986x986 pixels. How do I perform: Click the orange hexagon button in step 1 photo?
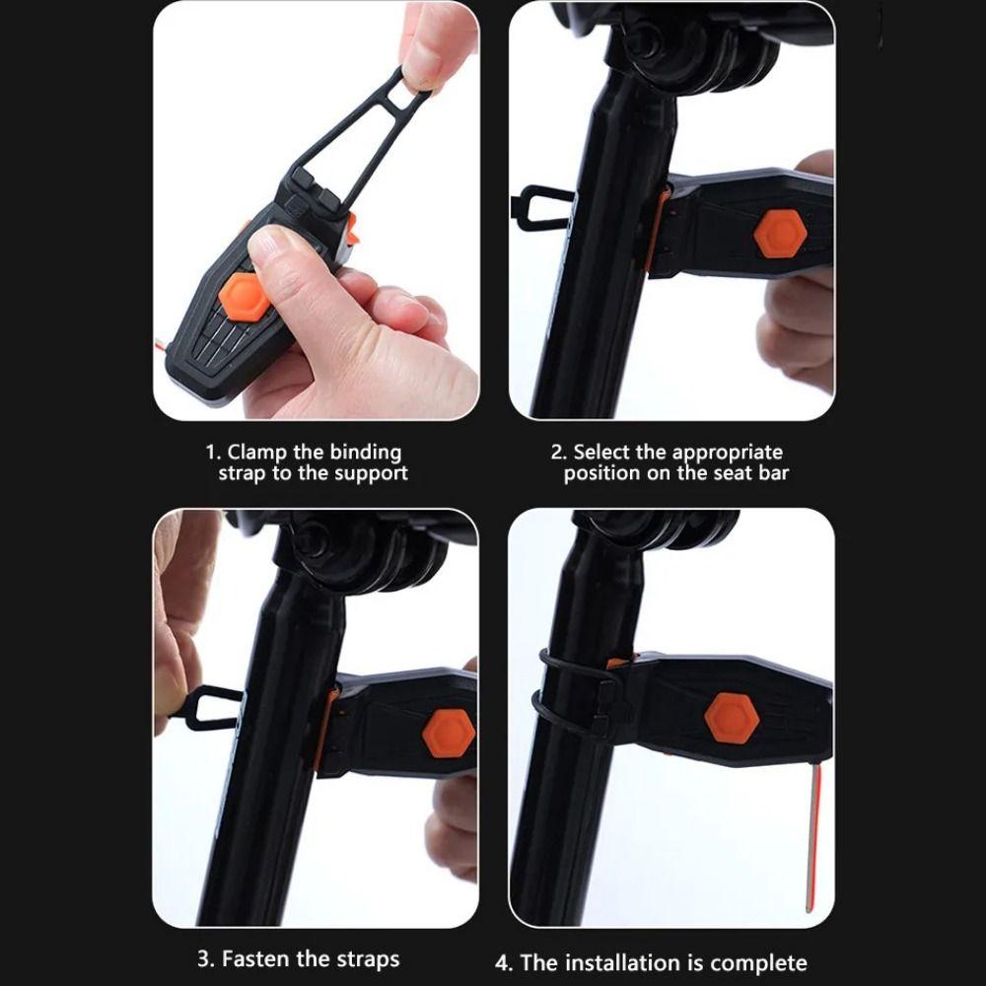click(x=242, y=297)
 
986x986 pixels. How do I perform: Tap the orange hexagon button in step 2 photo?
click(x=780, y=235)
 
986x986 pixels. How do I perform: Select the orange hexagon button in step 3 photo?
click(x=448, y=734)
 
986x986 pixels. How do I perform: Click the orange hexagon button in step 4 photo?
click(x=733, y=718)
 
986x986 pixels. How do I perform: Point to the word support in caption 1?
click(x=374, y=473)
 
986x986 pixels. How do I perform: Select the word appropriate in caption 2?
click(x=727, y=453)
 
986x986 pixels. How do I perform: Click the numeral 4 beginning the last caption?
click(x=502, y=962)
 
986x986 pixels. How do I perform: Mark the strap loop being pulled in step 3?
click(x=209, y=708)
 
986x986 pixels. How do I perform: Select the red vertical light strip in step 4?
click(x=812, y=838)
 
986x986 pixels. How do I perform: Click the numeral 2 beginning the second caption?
click(x=557, y=453)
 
